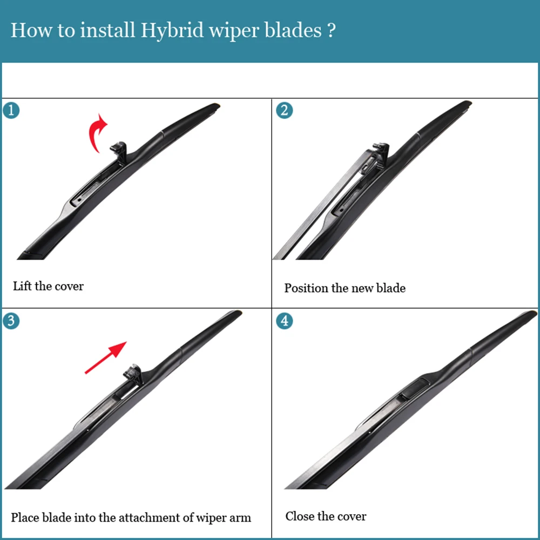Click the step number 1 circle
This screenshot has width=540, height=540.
11,111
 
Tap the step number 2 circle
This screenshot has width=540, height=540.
285,111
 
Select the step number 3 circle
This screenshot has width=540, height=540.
11,321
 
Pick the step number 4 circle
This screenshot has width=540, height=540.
285,321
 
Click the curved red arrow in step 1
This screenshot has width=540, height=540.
93,133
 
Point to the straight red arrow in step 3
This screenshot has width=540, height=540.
106,357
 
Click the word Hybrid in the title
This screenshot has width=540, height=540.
172,30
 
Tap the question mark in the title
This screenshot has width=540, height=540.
330,30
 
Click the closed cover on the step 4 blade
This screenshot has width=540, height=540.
416,388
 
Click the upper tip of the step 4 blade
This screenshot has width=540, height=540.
534,313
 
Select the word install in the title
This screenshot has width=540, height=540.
107,30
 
